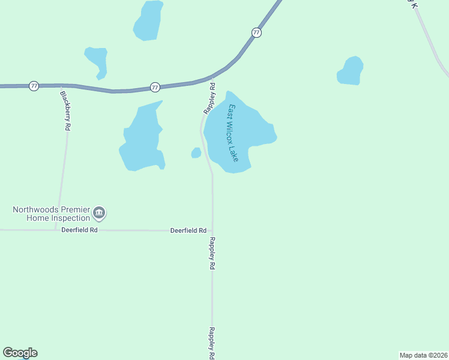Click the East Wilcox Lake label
point(233,133)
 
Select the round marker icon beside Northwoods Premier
point(100,212)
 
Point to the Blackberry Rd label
point(65,111)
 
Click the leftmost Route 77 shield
point(34,86)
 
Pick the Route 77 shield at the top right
point(256,32)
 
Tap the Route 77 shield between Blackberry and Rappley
point(155,88)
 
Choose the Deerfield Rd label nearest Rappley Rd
point(188,230)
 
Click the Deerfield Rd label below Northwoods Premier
point(79,230)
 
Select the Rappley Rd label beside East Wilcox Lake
point(209,98)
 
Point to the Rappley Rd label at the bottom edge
point(212,343)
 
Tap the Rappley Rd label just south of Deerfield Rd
point(212,253)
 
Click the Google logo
point(20,353)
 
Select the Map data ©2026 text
point(423,355)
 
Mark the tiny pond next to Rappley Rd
point(196,153)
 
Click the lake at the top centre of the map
point(148,21)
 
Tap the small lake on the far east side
point(350,71)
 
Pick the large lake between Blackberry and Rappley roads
point(142,140)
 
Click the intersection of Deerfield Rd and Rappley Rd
point(212,230)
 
